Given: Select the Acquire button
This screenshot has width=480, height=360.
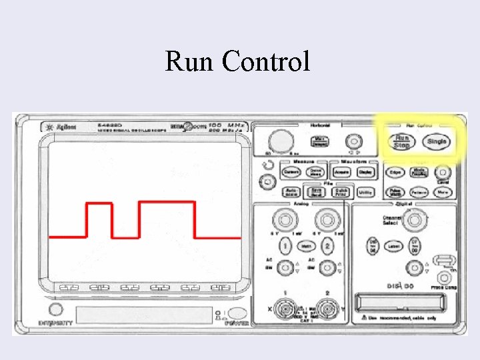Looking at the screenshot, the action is pyautogui.click(x=341, y=172).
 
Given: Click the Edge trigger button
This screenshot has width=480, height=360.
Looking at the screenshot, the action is pyautogui.click(x=395, y=172).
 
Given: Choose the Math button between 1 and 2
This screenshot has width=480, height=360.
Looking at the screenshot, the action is pyautogui.click(x=306, y=245).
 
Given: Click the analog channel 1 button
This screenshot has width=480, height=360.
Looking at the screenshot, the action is pyautogui.click(x=285, y=245).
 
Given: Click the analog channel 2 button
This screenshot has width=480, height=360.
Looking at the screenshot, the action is pyautogui.click(x=327, y=245).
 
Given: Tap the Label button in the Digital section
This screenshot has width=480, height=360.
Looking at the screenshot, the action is pyautogui.click(x=394, y=246).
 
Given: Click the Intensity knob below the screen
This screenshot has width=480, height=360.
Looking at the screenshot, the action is pyautogui.click(x=57, y=310).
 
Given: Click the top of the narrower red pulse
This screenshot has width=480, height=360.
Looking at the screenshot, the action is pyautogui.click(x=100, y=204).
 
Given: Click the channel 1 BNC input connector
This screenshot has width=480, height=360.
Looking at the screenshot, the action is pyautogui.click(x=285, y=309).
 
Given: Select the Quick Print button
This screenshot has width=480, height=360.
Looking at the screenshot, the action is pyautogui.click(x=341, y=192).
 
